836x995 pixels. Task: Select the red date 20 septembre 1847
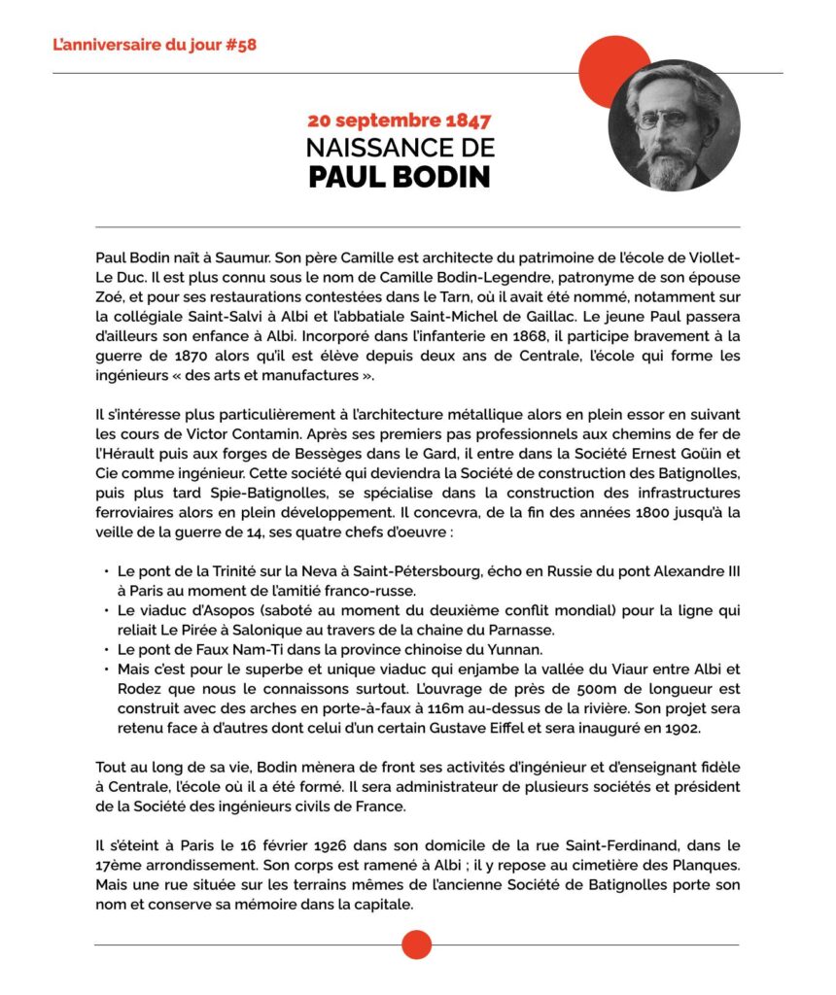point(400,121)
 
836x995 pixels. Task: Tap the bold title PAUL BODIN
point(400,178)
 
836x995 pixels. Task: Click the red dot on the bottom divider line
point(416,944)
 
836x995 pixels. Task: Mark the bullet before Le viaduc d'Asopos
point(105,609)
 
